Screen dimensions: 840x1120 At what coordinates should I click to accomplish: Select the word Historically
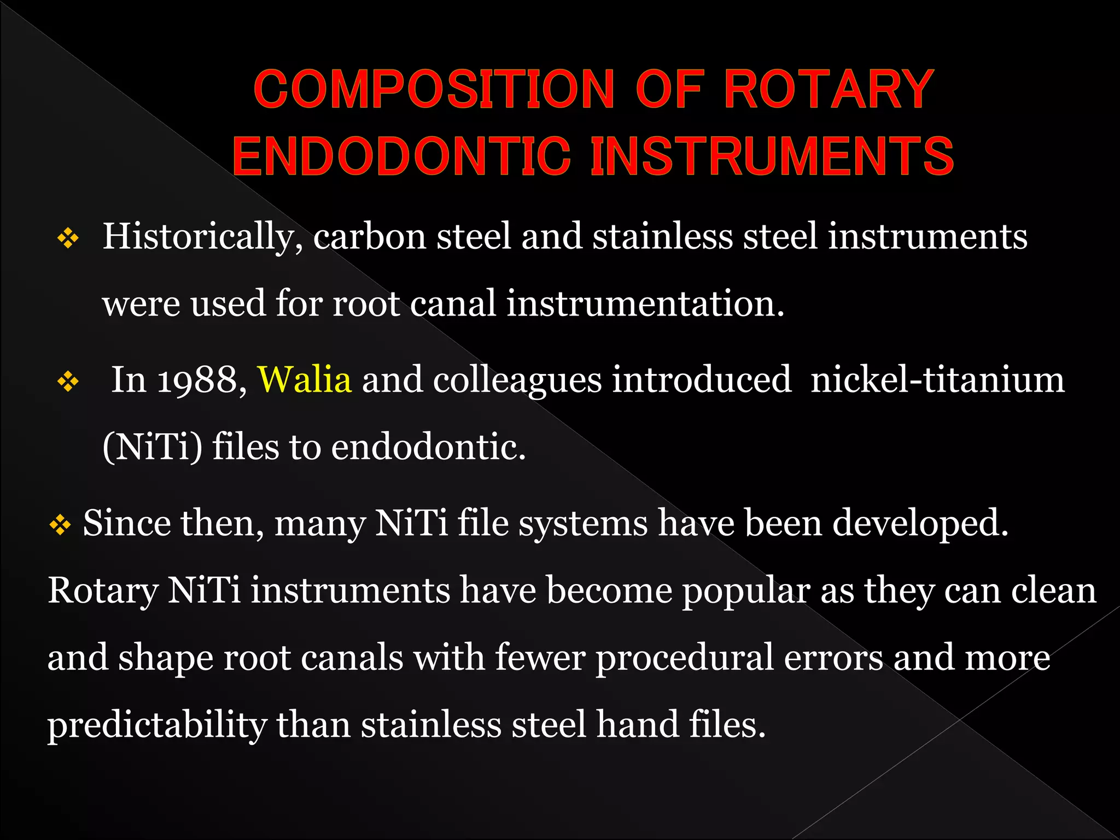point(202,237)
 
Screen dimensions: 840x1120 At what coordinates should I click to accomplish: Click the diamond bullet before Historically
point(68,238)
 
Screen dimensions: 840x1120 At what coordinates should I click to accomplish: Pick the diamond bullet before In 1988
point(68,381)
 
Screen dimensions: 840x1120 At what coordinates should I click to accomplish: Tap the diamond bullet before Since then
point(60,525)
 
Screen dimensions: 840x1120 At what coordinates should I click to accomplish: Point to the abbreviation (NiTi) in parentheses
point(152,447)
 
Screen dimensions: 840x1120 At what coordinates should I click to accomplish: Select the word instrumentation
point(645,304)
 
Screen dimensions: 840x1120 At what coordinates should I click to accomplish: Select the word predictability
point(157,726)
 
